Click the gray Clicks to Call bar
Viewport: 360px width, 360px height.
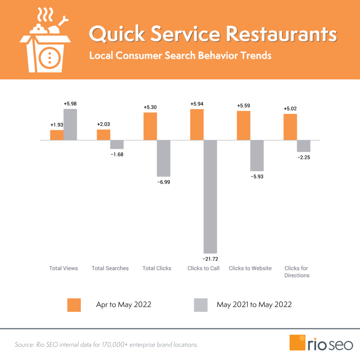pos(210,197)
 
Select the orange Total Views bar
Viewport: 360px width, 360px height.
pos(57,135)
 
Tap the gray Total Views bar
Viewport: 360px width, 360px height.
pos(70,124)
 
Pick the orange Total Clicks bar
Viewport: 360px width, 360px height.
pos(150,126)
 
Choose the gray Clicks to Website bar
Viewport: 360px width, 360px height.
pos(257,155)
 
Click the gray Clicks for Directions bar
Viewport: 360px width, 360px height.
pos(304,146)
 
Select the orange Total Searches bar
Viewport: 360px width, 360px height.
pos(103,135)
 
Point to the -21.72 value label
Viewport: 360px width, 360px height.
pos(210,259)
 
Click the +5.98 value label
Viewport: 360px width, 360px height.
pos(70,104)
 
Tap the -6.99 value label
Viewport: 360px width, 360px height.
pos(163,182)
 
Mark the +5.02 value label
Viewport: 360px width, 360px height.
pos(290,109)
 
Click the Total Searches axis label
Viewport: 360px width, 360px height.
pos(110,268)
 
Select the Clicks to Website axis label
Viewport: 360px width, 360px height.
pos(250,268)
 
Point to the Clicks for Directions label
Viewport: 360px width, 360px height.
pos(297,272)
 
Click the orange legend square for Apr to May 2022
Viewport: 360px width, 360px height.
pos(74,305)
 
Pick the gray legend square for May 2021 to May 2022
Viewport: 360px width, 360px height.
pos(201,305)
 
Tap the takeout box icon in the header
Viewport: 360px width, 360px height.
pos(45,45)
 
